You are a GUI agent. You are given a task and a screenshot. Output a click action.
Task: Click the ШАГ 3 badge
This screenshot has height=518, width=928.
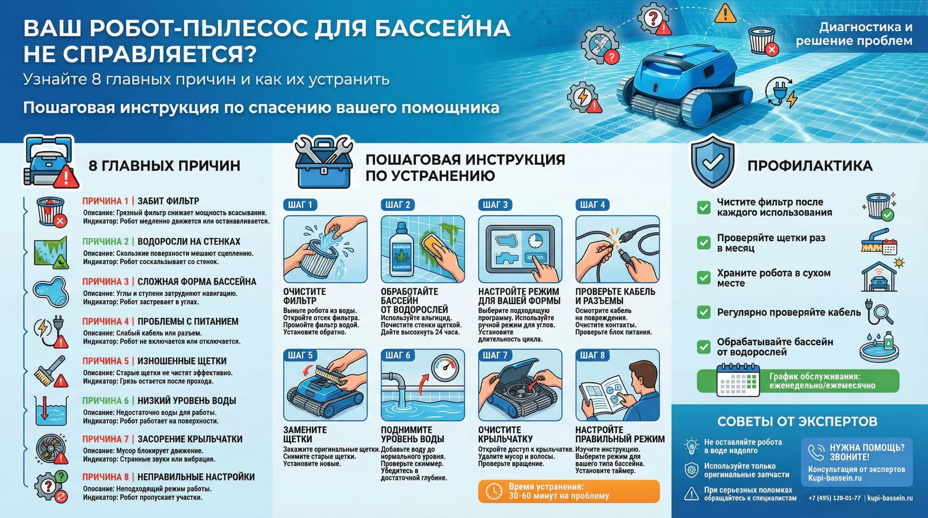tap(495, 205)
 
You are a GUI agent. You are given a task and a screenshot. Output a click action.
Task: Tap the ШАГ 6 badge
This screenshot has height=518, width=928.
tap(398, 355)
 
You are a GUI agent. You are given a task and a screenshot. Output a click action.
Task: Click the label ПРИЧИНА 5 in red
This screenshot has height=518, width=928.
tap(105, 361)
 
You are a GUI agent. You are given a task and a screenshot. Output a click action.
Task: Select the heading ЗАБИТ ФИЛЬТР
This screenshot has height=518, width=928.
tap(168, 201)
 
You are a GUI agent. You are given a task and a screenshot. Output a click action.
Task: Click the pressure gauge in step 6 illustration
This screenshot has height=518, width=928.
tap(445, 368)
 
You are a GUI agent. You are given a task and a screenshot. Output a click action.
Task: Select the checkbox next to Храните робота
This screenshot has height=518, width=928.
tap(703, 278)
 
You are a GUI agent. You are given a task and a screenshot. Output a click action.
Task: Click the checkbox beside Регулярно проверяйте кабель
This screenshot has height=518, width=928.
tap(703, 312)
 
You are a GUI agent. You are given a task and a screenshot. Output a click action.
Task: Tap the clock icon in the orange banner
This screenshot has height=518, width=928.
tap(494, 491)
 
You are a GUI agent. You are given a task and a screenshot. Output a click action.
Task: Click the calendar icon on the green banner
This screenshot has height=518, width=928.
tap(738, 380)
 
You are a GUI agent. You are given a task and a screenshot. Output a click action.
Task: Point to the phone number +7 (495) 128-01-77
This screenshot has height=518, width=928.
tap(834, 498)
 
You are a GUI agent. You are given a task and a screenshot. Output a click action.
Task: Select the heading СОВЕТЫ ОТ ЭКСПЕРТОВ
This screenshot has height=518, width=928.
tap(797, 422)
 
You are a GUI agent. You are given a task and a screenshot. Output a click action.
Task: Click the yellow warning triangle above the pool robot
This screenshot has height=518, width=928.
tap(725, 13)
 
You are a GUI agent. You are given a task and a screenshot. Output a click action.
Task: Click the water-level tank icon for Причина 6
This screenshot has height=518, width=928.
tap(51, 410)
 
